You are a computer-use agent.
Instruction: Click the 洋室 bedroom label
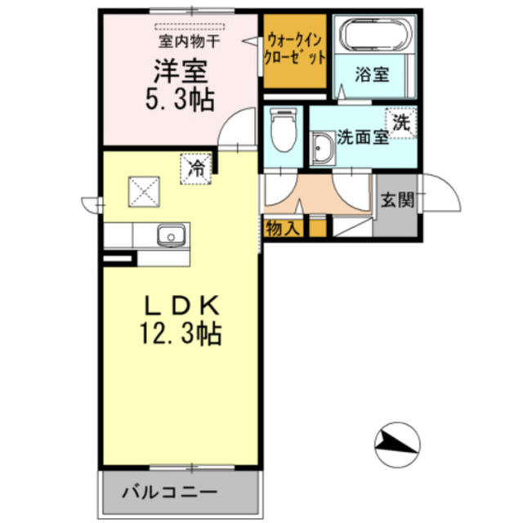coord(175,70)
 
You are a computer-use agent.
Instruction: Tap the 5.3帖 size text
coord(175,100)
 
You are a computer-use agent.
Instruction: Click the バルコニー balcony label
coord(170,493)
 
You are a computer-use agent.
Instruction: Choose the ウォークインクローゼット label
coord(295,49)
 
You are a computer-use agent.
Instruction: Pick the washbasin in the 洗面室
coord(322,149)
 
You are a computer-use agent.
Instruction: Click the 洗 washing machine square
coord(402,124)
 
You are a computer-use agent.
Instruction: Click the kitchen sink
coord(170,235)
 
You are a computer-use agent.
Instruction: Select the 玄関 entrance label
coord(396,199)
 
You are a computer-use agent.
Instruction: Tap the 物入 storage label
coord(283,229)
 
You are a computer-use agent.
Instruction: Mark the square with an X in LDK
coord(144,193)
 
